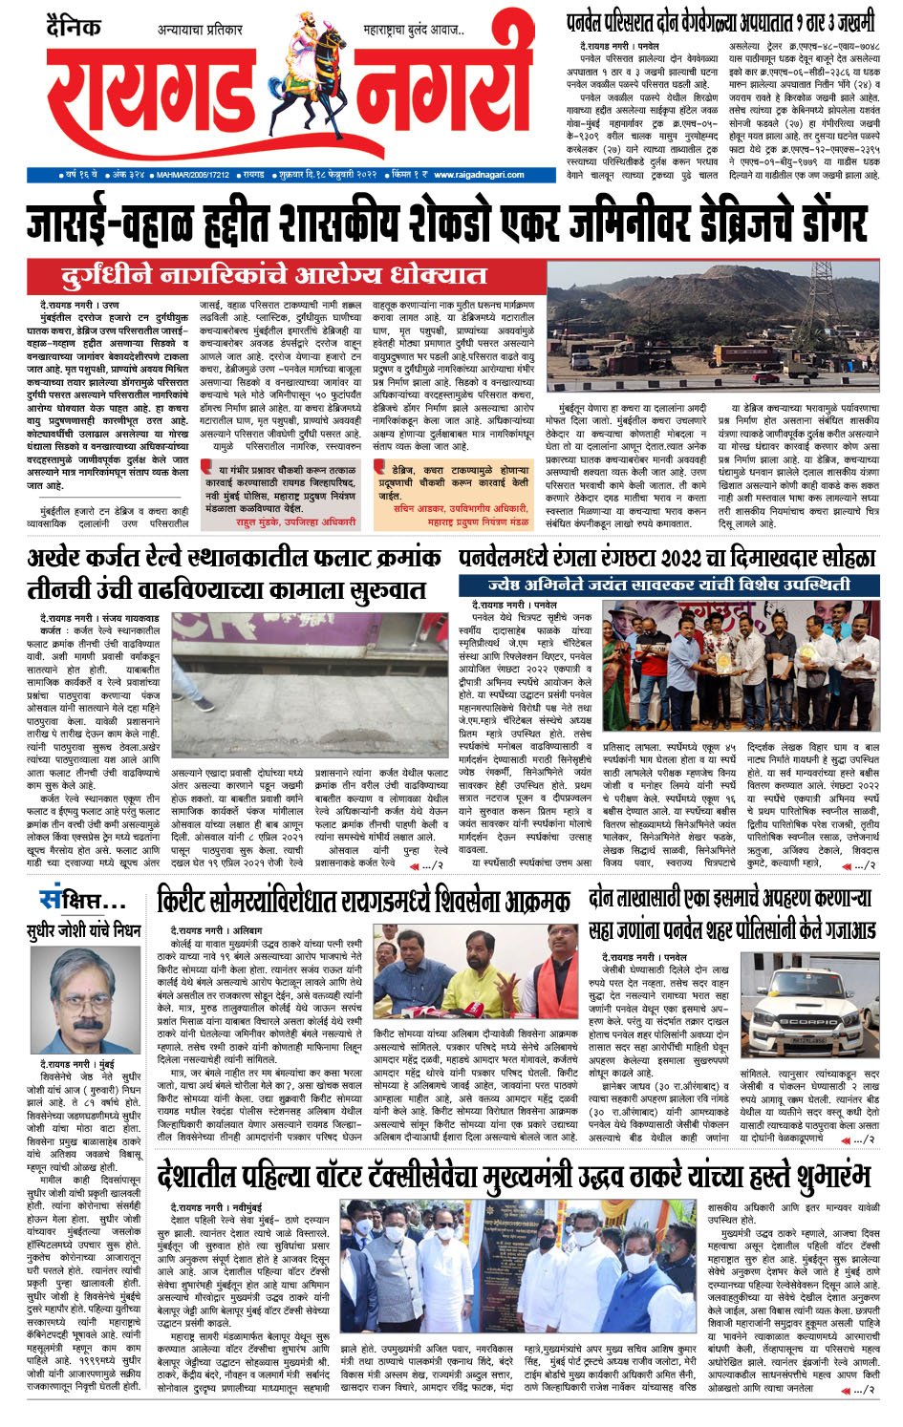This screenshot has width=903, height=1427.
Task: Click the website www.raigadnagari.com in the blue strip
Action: pyautogui.click(x=472, y=175)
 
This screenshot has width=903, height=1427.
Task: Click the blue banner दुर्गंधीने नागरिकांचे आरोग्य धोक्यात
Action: pyautogui.click(x=273, y=276)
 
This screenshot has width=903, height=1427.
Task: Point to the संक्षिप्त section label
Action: pyautogui.click(x=81, y=900)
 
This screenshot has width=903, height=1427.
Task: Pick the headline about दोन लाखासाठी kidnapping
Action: pyautogui.click(x=731, y=913)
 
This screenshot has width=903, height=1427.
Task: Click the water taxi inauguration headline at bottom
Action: pyautogui.click(x=513, y=1174)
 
